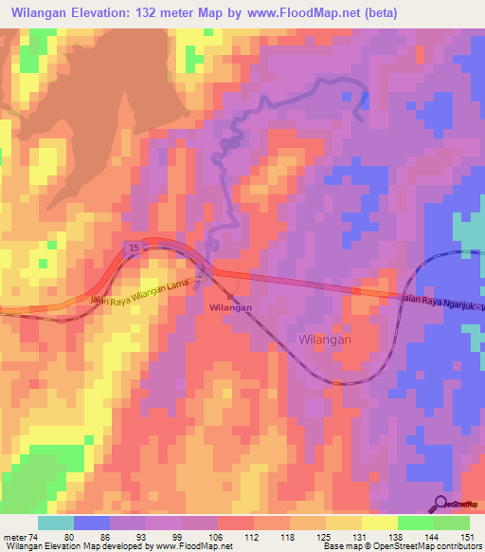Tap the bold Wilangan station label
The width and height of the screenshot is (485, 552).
point(230,308)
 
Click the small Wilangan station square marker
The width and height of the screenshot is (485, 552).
point(230,296)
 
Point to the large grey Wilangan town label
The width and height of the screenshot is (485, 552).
point(325,339)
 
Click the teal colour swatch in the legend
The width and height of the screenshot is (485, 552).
point(56,523)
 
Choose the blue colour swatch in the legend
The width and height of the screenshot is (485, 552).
point(92,523)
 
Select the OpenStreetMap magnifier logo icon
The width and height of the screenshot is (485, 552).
point(441,504)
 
